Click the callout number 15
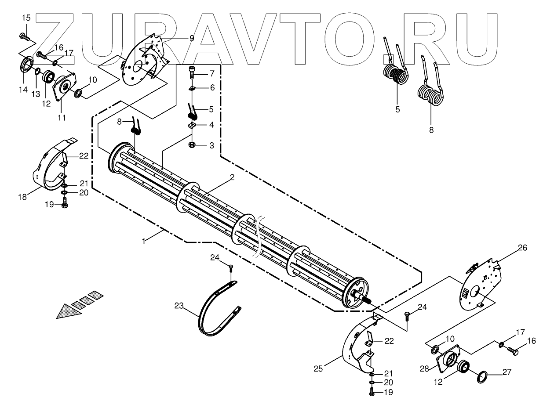pyautogui.click(x=26, y=18)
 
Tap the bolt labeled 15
pyautogui.click(x=24, y=36)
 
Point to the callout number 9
pyautogui.click(x=191, y=39)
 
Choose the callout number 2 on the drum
pyautogui.click(x=232, y=177)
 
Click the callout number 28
pyautogui.click(x=424, y=369)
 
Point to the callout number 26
pyautogui.click(x=522, y=248)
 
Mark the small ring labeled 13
pyautogui.click(x=38, y=72)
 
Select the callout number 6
pyautogui.click(x=212, y=87)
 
